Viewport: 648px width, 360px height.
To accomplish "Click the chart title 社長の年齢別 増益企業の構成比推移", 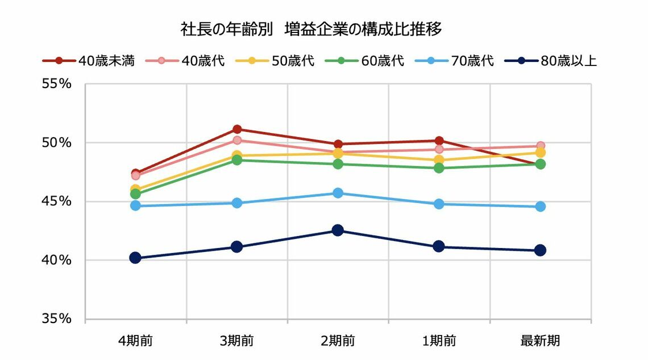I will click(x=311, y=30).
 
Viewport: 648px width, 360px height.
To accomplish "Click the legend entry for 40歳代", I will click(x=185, y=60).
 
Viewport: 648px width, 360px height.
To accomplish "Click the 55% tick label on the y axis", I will click(x=56, y=84).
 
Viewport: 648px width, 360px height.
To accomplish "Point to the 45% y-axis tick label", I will click(x=56, y=201).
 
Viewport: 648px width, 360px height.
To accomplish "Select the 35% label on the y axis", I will click(x=56, y=319).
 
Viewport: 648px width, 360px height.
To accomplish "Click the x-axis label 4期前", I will click(x=135, y=341).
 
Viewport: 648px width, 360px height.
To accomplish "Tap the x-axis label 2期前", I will click(x=338, y=341).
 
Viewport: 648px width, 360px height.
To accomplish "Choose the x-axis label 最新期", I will click(x=540, y=341).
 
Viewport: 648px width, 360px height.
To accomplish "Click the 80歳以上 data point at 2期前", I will click(x=338, y=230).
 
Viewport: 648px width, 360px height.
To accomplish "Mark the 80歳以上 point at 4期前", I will click(x=135, y=258).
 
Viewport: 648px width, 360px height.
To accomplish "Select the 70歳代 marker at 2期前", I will click(x=338, y=193).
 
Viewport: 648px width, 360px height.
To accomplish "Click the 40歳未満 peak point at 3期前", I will click(x=237, y=129).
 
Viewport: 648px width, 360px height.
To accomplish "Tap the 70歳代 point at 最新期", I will click(x=540, y=206).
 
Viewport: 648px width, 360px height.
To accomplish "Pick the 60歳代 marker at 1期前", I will click(x=439, y=168).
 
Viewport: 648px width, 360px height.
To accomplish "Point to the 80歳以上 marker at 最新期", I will click(x=540, y=250).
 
